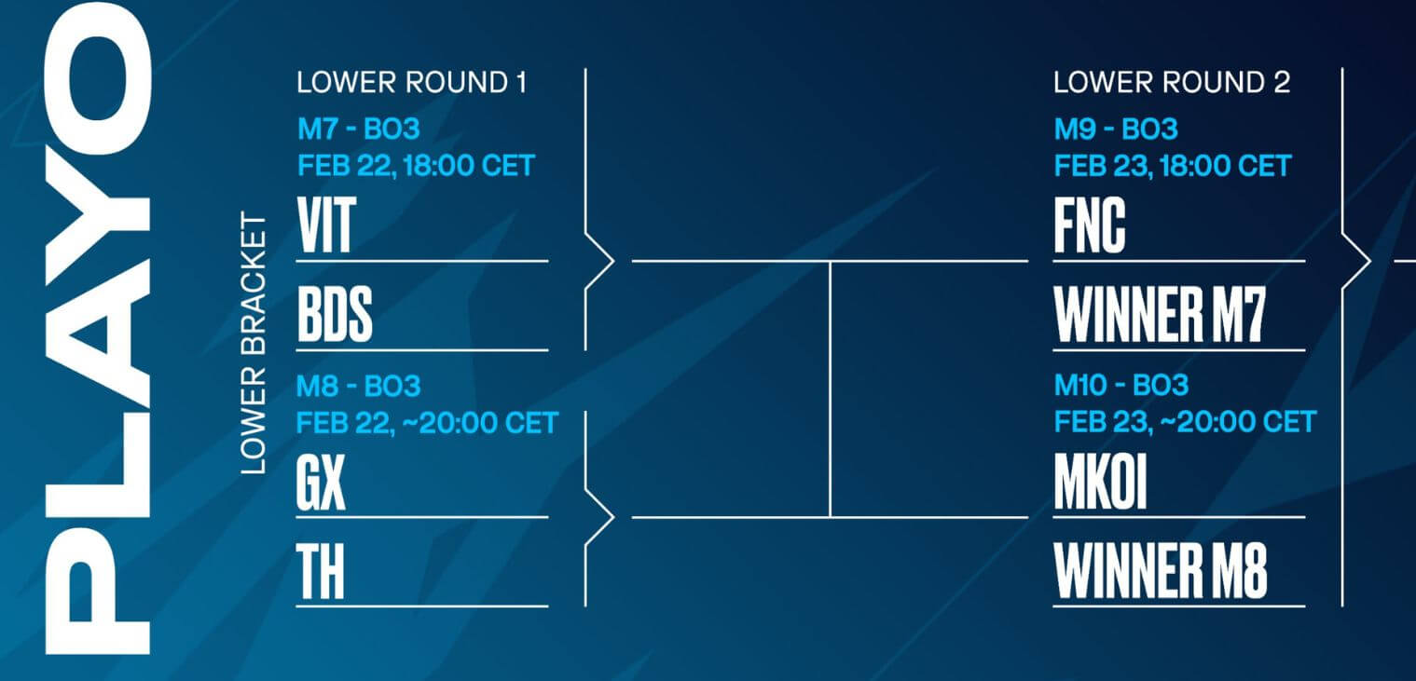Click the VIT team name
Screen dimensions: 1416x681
pos(327,225)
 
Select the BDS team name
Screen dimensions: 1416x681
pos(335,314)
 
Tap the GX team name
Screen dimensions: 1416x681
pos(321,482)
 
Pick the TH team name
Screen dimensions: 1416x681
pos(321,571)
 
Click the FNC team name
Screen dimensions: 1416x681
pos(1090,225)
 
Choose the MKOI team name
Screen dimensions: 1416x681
pos(1100,482)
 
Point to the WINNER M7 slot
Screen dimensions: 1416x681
pos(1160,314)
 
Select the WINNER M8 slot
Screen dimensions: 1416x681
pos(1161,571)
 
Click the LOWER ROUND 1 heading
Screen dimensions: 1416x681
pos(411,83)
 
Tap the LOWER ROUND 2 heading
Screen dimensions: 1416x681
pos(1172,83)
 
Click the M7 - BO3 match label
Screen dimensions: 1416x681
pos(358,129)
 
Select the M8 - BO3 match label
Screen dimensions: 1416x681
pos(358,386)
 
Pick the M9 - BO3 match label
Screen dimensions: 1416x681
pos(1116,129)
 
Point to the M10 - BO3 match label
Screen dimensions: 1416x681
pos(1121,386)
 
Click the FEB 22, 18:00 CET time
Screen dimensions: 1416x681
pos(416,166)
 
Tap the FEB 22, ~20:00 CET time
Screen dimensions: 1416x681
pos(427,423)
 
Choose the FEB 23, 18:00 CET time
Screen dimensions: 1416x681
pos(1173,166)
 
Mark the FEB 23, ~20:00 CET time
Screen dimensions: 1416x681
pos(1185,422)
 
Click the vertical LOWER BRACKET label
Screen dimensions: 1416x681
pos(254,343)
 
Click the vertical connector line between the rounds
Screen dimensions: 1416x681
pos(830,389)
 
